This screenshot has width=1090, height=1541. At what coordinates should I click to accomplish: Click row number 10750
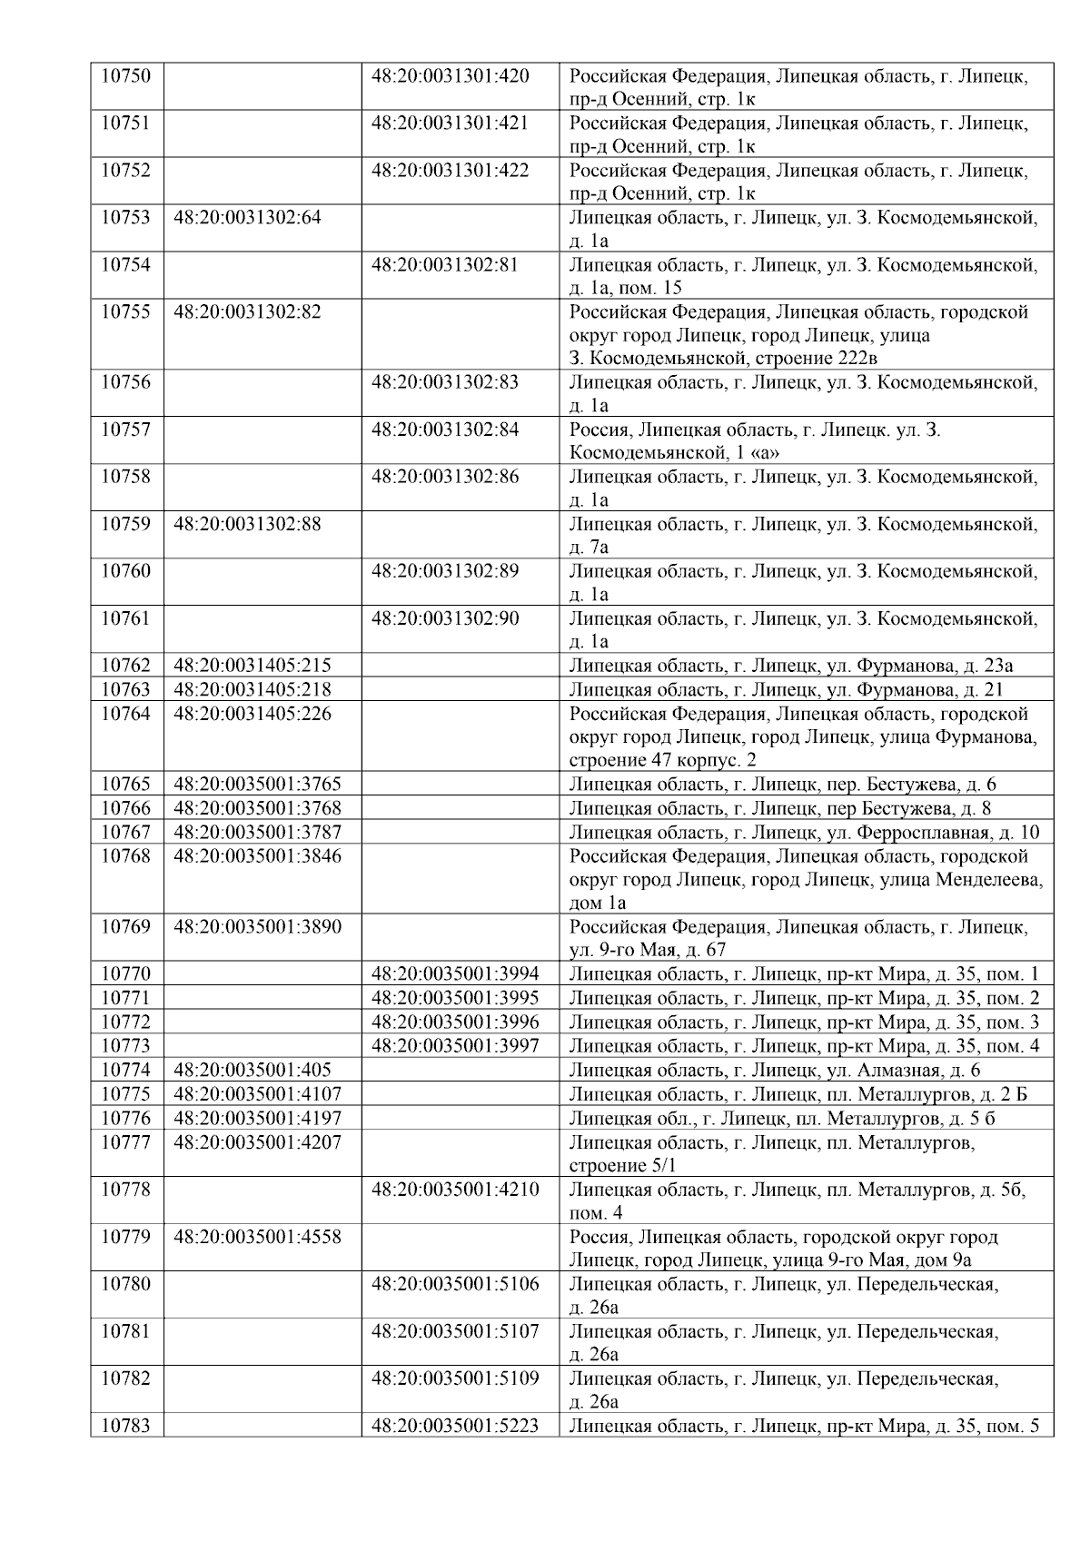[x=125, y=76]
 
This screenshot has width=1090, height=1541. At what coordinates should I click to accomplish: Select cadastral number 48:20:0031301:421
[x=450, y=123]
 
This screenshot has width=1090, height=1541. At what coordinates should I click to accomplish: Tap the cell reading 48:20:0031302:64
[x=247, y=218]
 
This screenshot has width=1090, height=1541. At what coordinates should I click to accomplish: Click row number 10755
[x=125, y=312]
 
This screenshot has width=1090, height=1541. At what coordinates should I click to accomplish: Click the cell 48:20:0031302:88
[x=247, y=524]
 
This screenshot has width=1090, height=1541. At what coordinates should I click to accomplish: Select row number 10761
[x=125, y=618]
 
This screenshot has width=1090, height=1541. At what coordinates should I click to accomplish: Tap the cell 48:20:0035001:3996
[x=455, y=1022]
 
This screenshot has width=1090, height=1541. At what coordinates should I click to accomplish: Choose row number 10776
[x=125, y=1118]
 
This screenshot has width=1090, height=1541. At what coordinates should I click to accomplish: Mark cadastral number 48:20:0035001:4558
[x=258, y=1237]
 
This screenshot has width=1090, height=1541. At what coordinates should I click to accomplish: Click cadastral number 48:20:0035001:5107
[x=455, y=1331]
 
